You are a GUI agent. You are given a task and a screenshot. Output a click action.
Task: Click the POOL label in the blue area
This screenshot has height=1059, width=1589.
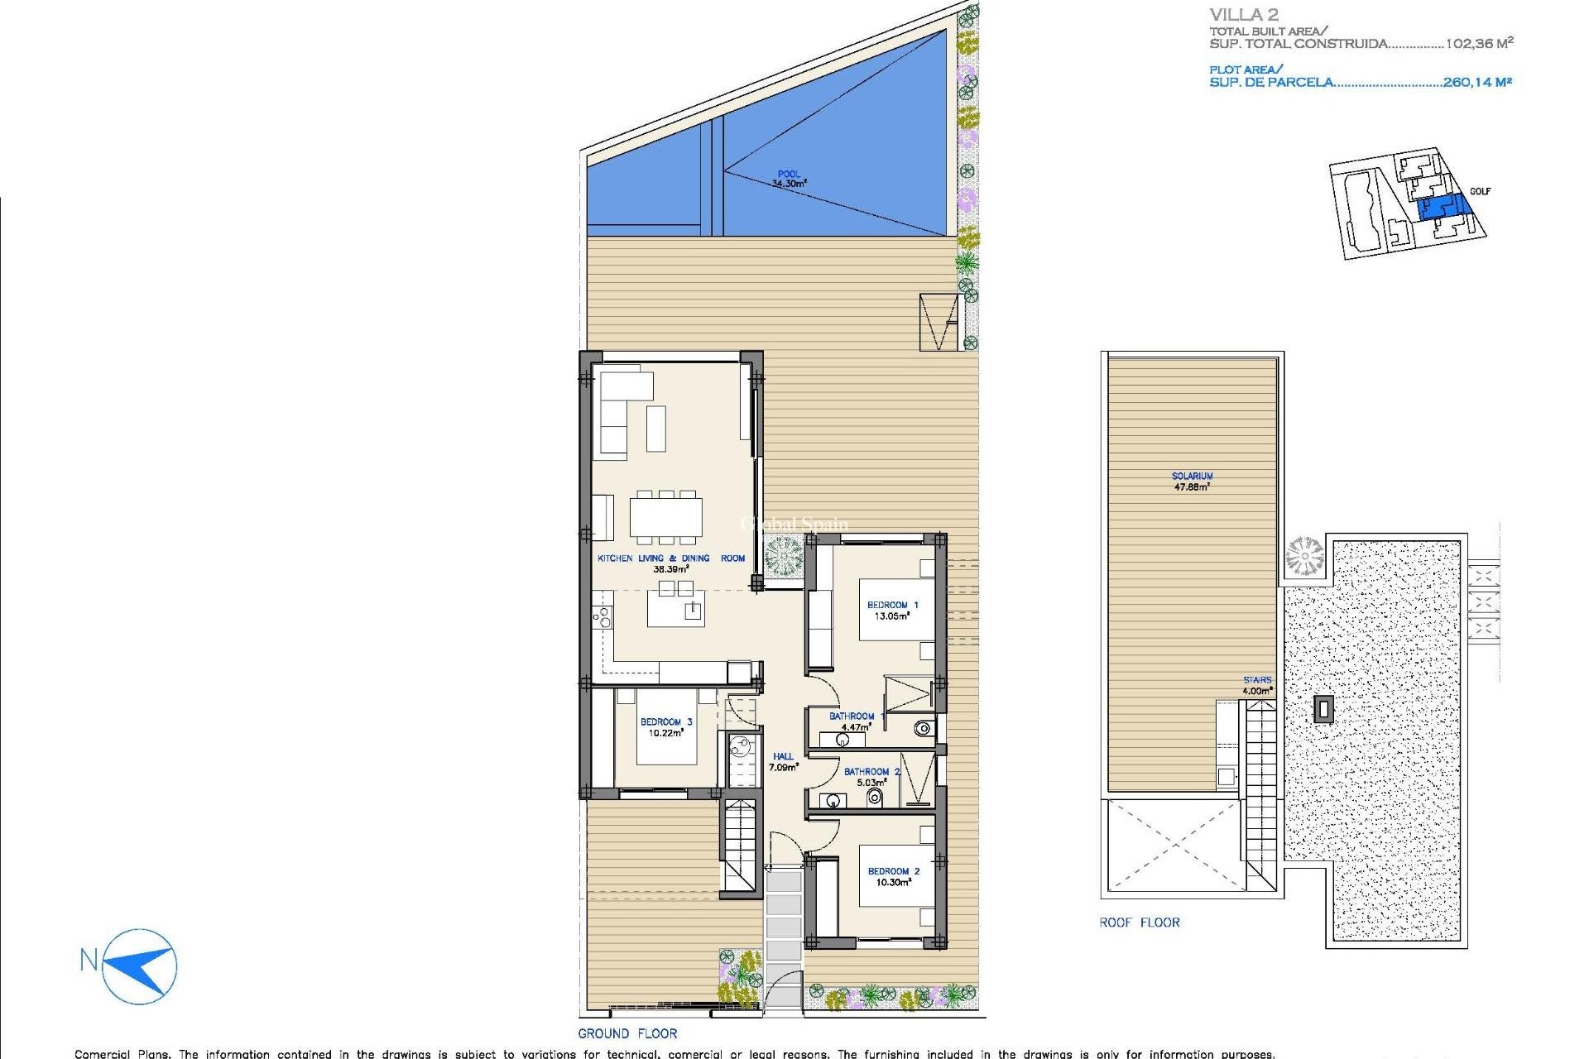(789, 174)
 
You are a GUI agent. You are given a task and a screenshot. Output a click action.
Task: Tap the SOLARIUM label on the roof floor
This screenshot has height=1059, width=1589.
(1192, 476)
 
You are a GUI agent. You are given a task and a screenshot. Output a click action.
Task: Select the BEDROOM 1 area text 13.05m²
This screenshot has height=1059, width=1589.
(892, 616)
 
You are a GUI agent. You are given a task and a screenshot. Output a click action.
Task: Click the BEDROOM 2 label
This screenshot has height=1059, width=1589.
(893, 871)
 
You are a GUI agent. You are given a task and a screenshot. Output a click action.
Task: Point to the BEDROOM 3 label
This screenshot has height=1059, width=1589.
(666, 721)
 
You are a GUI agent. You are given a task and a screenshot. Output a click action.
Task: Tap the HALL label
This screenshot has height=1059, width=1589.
(783, 756)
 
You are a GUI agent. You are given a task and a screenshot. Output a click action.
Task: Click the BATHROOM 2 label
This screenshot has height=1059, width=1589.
(871, 771)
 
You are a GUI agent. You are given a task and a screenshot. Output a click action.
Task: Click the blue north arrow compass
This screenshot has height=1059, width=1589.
(140, 966)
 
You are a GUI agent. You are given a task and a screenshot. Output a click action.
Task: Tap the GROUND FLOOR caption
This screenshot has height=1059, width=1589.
(627, 1033)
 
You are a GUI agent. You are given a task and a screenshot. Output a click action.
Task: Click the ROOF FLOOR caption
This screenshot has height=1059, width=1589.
(1139, 922)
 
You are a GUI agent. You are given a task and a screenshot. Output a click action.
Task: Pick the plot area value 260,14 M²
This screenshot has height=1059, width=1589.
(1477, 82)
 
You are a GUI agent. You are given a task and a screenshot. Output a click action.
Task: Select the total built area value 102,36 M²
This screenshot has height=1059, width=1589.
(1479, 44)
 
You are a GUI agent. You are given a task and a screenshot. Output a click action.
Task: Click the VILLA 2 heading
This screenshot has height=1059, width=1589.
(1244, 15)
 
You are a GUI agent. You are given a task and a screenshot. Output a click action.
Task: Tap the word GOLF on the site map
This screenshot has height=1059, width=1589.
(1480, 191)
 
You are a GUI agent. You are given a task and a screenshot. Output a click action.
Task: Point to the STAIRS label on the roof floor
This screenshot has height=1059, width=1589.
(1256, 680)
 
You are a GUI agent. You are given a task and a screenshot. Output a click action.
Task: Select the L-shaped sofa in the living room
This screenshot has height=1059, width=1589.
(621, 410)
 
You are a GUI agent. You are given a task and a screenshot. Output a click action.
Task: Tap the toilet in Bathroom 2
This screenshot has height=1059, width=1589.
(874, 798)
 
